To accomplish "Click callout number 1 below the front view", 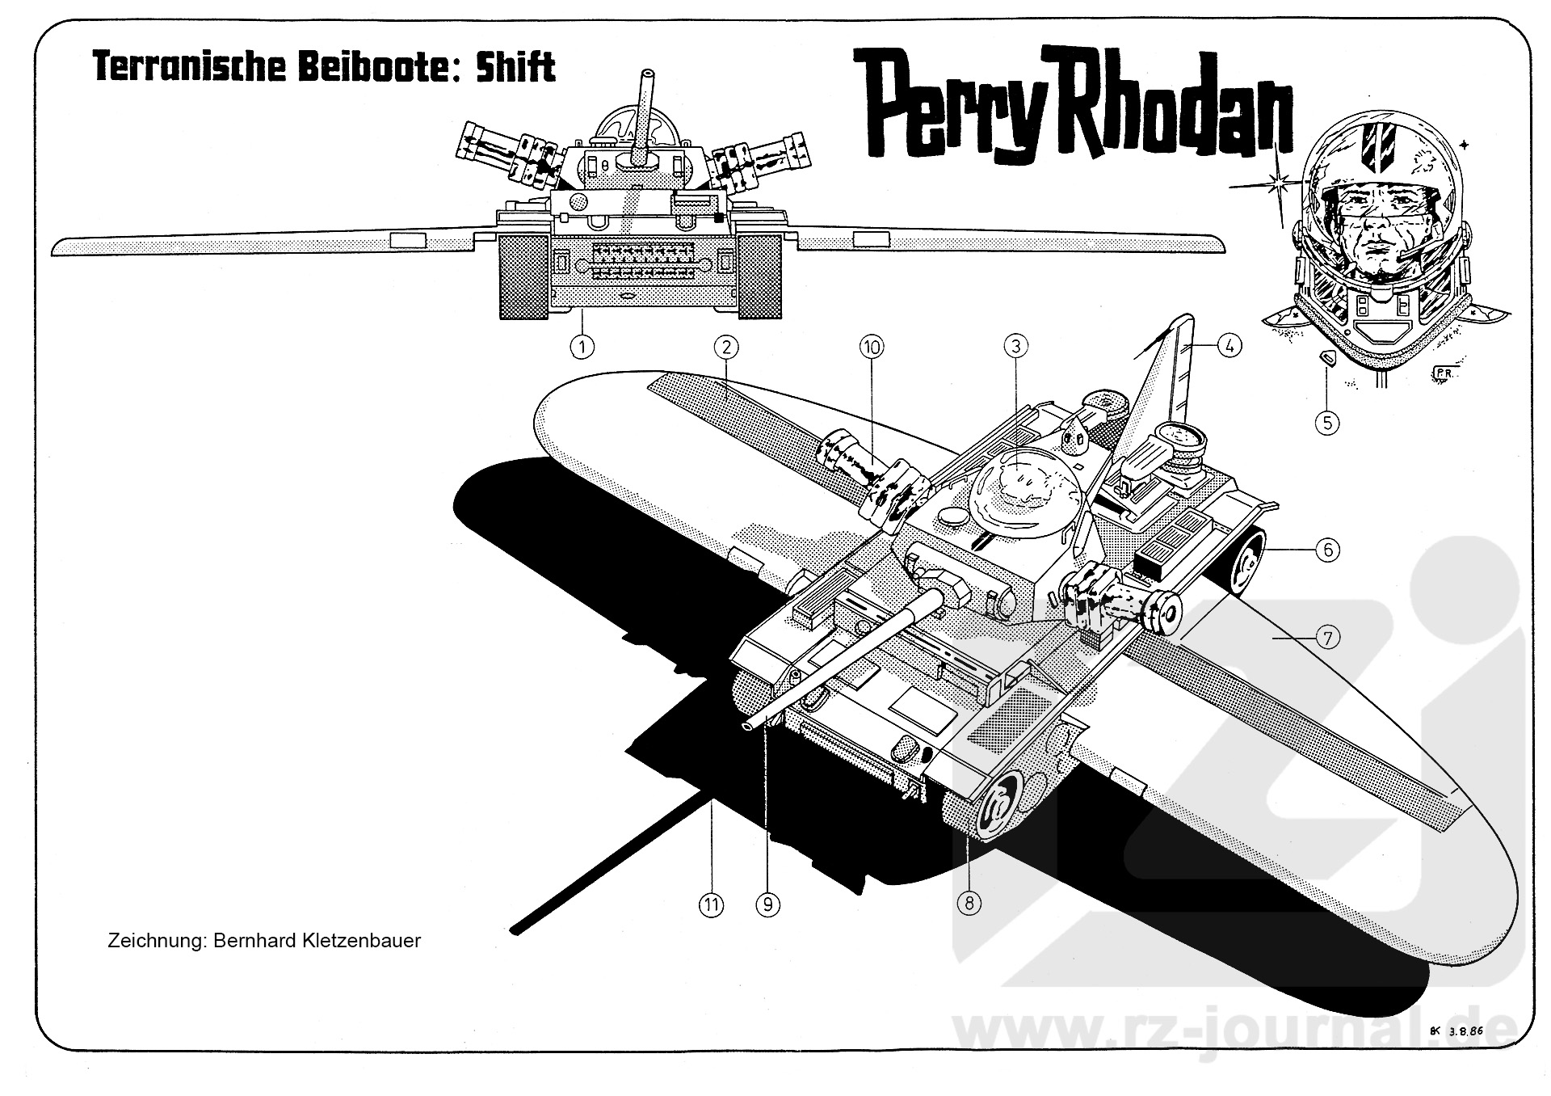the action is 582,347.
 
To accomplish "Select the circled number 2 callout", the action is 726,348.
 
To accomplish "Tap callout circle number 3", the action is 1015,347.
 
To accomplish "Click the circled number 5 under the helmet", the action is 1327,422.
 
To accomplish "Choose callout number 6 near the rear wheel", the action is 1327,550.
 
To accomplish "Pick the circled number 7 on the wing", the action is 1327,638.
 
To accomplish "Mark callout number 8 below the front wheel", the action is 969,902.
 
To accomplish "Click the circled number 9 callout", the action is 767,904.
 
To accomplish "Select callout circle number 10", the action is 871,348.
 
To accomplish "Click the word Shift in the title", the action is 515,67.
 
